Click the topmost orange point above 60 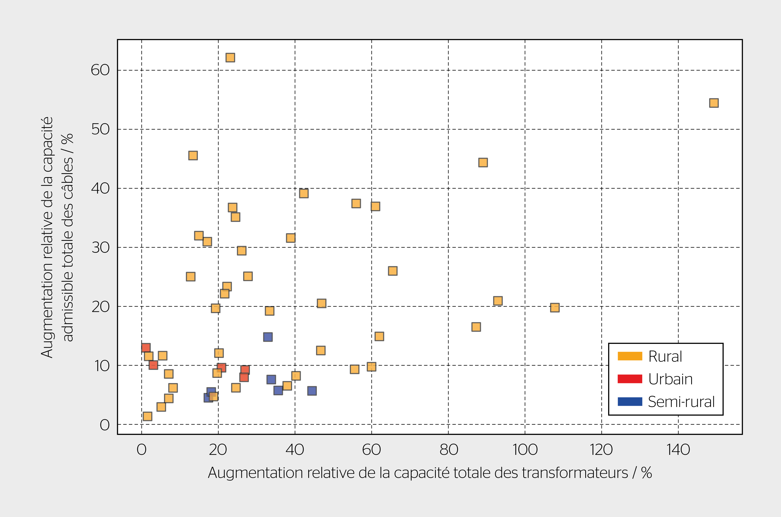pos(230,58)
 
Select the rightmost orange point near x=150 pos(714,103)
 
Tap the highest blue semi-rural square pos(268,337)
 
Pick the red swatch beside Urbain pos(629,379)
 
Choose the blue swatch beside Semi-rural pos(629,402)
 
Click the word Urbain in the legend pos(670,379)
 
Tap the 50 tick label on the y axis pos(100,129)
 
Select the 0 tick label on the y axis pos(105,425)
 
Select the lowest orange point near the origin pos(147,416)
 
